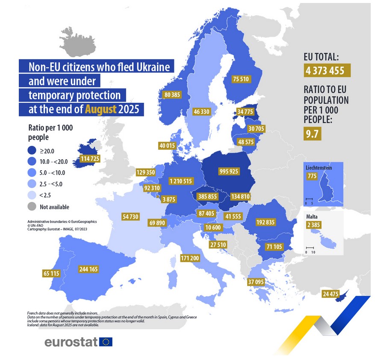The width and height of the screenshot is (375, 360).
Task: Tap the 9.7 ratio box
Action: click(x=313, y=134)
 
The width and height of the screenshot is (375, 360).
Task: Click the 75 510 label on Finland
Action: click(x=241, y=79)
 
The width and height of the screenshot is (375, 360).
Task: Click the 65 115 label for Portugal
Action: click(x=51, y=273)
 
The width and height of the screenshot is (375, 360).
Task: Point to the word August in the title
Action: click(x=100, y=109)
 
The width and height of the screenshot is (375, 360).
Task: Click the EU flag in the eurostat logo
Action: click(x=106, y=342)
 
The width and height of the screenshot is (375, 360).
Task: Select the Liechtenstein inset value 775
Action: click(x=312, y=176)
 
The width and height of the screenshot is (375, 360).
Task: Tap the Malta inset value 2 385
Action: click(x=313, y=225)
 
